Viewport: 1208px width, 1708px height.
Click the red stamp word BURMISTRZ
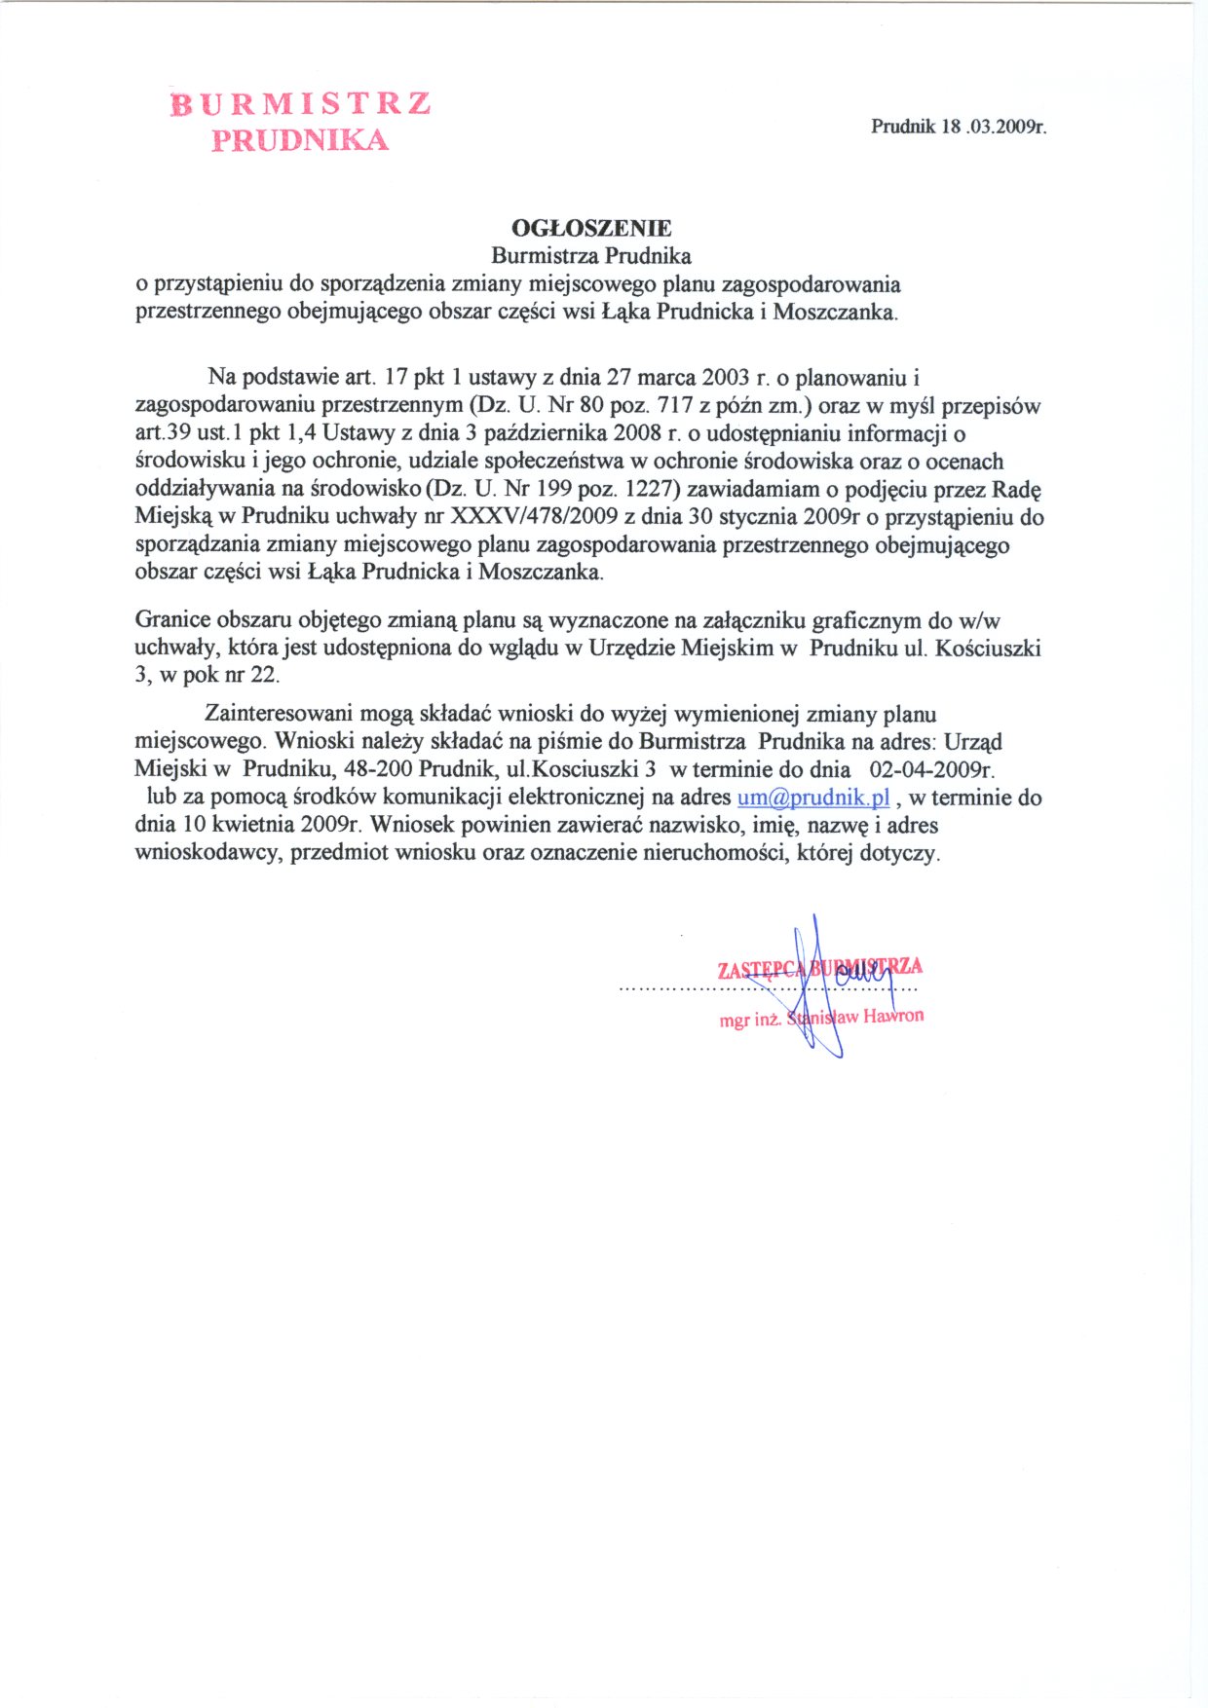tap(301, 104)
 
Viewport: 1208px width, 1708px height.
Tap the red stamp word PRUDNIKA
tap(301, 140)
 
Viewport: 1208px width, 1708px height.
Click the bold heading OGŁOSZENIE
tap(591, 228)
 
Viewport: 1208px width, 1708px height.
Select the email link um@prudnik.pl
tap(813, 797)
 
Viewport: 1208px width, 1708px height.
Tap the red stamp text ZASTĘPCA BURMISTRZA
tap(819, 968)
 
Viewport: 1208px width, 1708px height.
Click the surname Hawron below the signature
tap(892, 1016)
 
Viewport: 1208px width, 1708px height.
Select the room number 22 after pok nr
tap(265, 675)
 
